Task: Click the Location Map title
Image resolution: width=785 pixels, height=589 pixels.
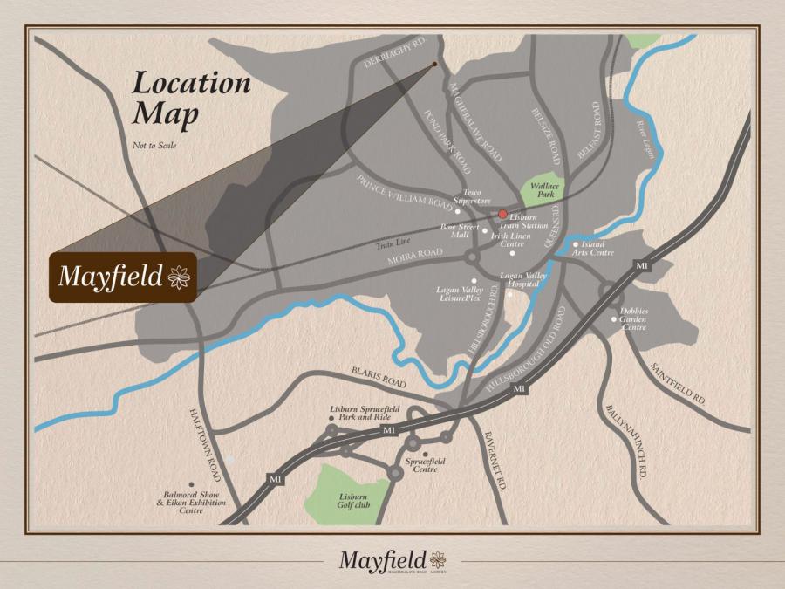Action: tap(191, 99)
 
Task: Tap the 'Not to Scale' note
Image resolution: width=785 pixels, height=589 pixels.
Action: tap(154, 145)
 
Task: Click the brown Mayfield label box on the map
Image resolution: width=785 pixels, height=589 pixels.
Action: tap(122, 278)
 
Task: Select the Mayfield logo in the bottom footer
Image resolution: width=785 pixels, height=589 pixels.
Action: tap(392, 559)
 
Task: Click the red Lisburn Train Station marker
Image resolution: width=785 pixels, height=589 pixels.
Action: tap(502, 214)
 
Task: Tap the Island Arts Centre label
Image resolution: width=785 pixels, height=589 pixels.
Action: tap(597, 249)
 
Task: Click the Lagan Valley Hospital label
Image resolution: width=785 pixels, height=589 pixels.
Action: tap(522, 279)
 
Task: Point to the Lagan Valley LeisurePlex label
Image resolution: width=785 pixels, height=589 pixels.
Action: tap(459, 294)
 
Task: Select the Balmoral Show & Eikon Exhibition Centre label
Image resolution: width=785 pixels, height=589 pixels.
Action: tap(191, 502)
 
